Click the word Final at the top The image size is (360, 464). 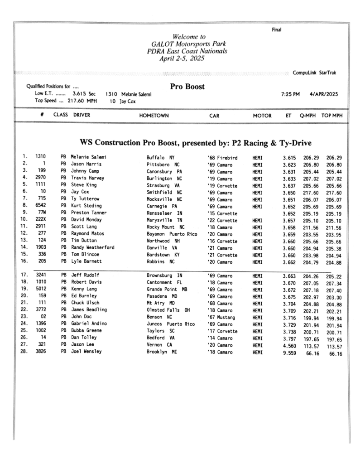pyautogui.click(x=276, y=30)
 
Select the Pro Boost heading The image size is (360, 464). pyautogui.click(x=187, y=87)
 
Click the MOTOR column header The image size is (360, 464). pyautogui.click(x=262, y=116)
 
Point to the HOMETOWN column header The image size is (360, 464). pyautogui.click(x=154, y=116)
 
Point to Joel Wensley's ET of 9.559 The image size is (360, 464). pyautogui.click(x=290, y=353)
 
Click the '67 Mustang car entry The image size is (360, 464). pyautogui.click(x=218, y=317)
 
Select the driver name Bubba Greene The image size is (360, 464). pyautogui.click(x=87, y=331)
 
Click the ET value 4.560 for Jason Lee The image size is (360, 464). pyautogui.click(x=290, y=346)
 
